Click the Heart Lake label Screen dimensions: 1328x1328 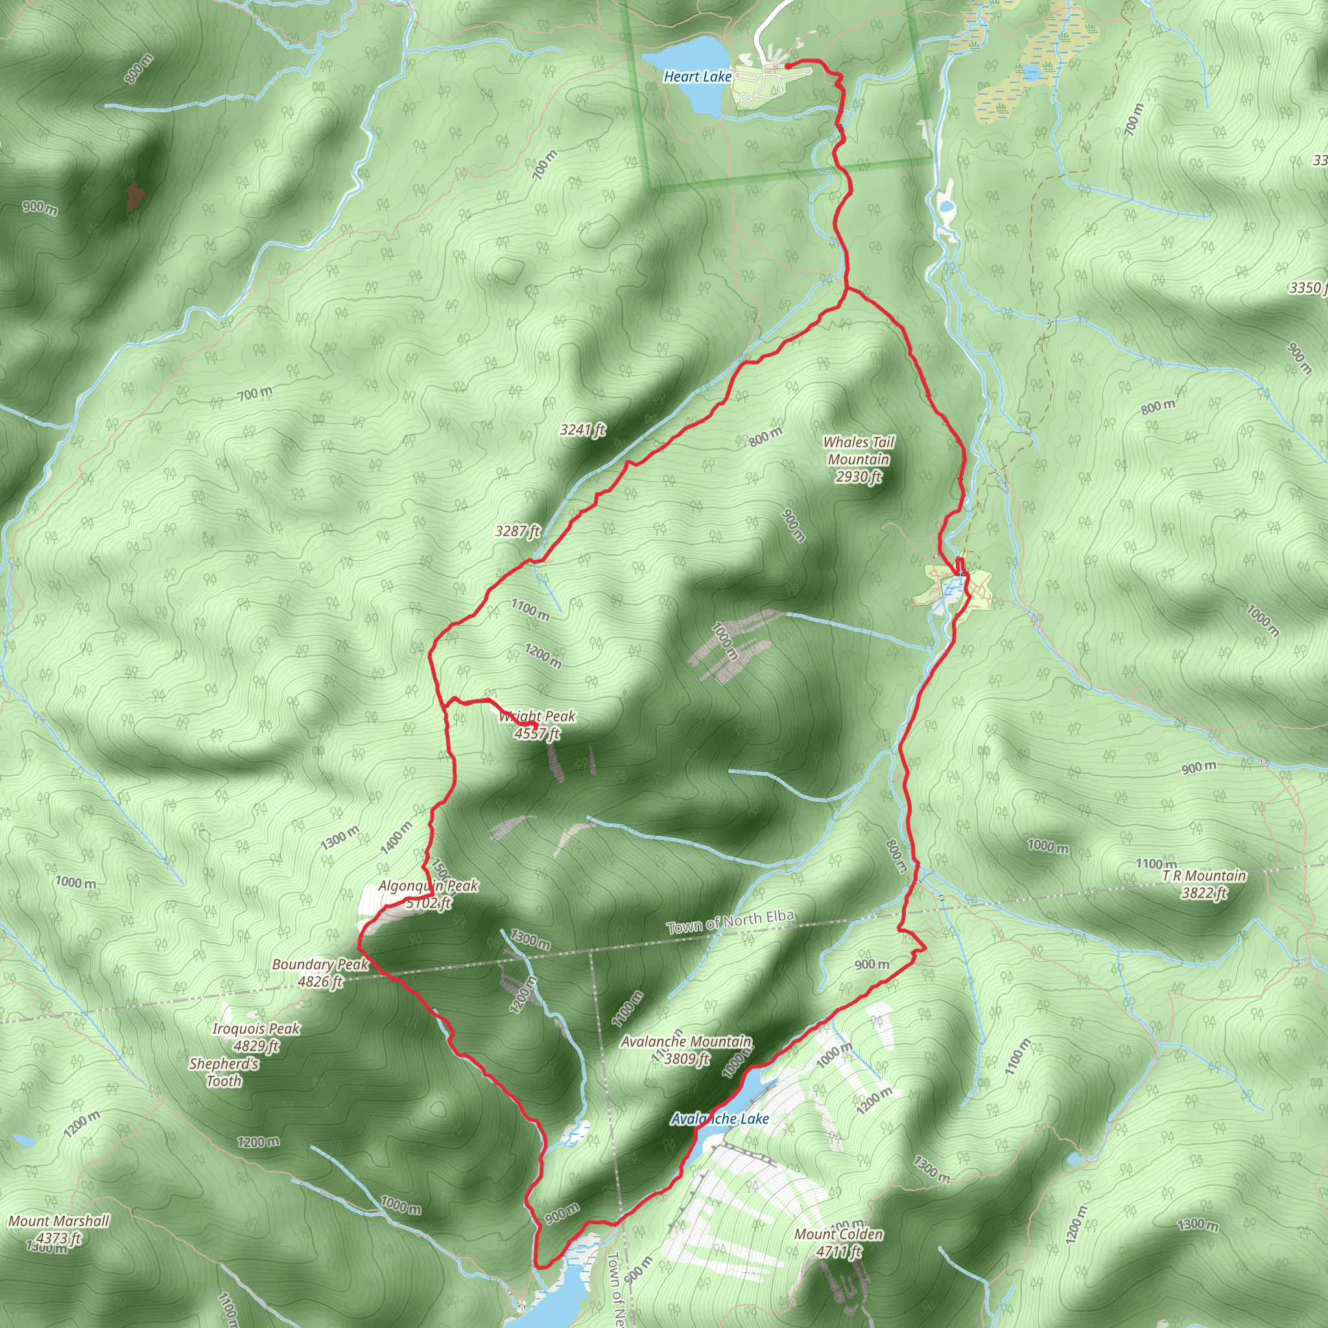(697, 77)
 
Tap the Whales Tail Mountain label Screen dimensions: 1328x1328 (859, 451)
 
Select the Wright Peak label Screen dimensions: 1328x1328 (538, 717)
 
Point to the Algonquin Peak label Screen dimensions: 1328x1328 (428, 885)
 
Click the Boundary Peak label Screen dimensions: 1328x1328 (320, 964)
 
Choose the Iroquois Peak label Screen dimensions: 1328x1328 (255, 1028)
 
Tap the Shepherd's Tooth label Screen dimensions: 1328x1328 (224, 1072)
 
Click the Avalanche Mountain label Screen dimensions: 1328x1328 (686, 1041)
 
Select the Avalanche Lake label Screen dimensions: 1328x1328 (720, 1119)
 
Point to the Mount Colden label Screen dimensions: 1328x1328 (838, 1234)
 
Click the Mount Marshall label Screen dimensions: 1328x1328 (58, 1221)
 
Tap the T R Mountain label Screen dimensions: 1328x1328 (1203, 875)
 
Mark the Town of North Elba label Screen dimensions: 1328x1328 (730, 922)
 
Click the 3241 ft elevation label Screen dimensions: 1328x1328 (582, 431)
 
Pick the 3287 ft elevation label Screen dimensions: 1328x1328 (517, 531)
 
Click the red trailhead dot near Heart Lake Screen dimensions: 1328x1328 (787, 67)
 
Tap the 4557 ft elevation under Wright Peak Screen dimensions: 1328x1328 (537, 733)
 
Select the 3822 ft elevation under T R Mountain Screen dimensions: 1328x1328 (1203, 893)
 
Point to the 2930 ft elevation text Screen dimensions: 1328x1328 (859, 477)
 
